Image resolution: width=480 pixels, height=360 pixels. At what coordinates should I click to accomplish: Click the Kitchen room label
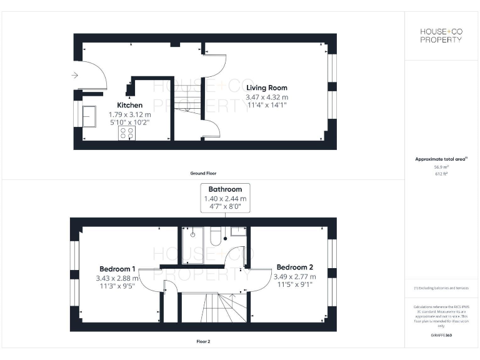click(x=130, y=105)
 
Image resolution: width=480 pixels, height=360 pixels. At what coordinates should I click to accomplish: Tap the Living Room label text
click(x=267, y=87)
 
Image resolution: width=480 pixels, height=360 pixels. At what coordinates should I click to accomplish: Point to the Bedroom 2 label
click(x=295, y=266)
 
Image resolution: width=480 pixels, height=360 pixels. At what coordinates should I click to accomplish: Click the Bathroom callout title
click(x=225, y=189)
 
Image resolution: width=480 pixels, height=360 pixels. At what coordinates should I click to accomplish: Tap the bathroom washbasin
click(x=238, y=231)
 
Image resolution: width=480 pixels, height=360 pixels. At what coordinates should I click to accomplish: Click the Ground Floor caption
click(x=204, y=172)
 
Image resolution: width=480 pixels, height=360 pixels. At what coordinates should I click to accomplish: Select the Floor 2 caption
click(x=204, y=342)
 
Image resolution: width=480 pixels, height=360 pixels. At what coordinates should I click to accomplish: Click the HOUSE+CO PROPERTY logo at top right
click(x=441, y=36)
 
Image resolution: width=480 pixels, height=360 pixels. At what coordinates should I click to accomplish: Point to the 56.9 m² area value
click(x=441, y=167)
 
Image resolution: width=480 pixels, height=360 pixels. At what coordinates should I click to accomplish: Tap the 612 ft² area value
click(x=441, y=174)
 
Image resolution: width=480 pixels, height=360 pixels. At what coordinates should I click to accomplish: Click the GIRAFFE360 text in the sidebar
click(x=441, y=336)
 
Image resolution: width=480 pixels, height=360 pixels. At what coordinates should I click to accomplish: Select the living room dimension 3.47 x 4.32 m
click(x=267, y=97)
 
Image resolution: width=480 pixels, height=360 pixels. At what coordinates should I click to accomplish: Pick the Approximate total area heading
click(x=441, y=159)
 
